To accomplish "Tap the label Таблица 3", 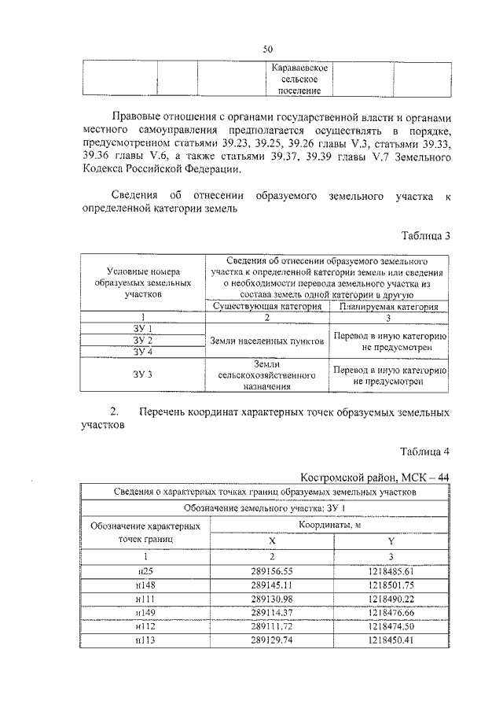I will [424, 235].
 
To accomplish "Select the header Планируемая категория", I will [389, 306].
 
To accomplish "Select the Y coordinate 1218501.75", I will [391, 585].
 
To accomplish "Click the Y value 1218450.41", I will [391, 642].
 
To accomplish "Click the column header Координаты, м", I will [331, 524].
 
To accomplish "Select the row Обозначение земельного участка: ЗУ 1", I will [270, 507].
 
